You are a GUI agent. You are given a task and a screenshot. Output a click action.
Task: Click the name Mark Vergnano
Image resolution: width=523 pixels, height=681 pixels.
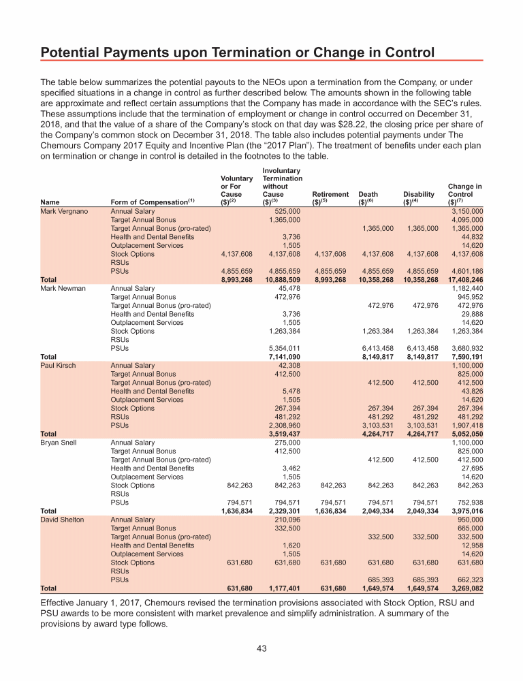[64, 211]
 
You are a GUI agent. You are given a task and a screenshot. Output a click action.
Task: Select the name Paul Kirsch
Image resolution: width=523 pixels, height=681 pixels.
[59, 365]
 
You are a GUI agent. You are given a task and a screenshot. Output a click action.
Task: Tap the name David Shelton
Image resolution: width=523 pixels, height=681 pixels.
[63, 519]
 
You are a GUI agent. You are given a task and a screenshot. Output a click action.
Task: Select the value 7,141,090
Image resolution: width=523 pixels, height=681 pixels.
[283, 356]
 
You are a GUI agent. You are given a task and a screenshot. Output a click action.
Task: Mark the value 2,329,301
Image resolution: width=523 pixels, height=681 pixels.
[283, 510]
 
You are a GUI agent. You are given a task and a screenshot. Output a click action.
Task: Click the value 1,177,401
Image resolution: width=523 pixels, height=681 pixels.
[283, 587]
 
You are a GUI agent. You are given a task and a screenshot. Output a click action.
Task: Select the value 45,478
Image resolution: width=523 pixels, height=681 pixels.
[289, 288]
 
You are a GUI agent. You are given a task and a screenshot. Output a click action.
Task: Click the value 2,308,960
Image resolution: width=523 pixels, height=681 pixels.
[283, 424]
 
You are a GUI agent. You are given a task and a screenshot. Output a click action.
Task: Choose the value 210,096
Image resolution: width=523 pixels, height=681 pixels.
[287, 519]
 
